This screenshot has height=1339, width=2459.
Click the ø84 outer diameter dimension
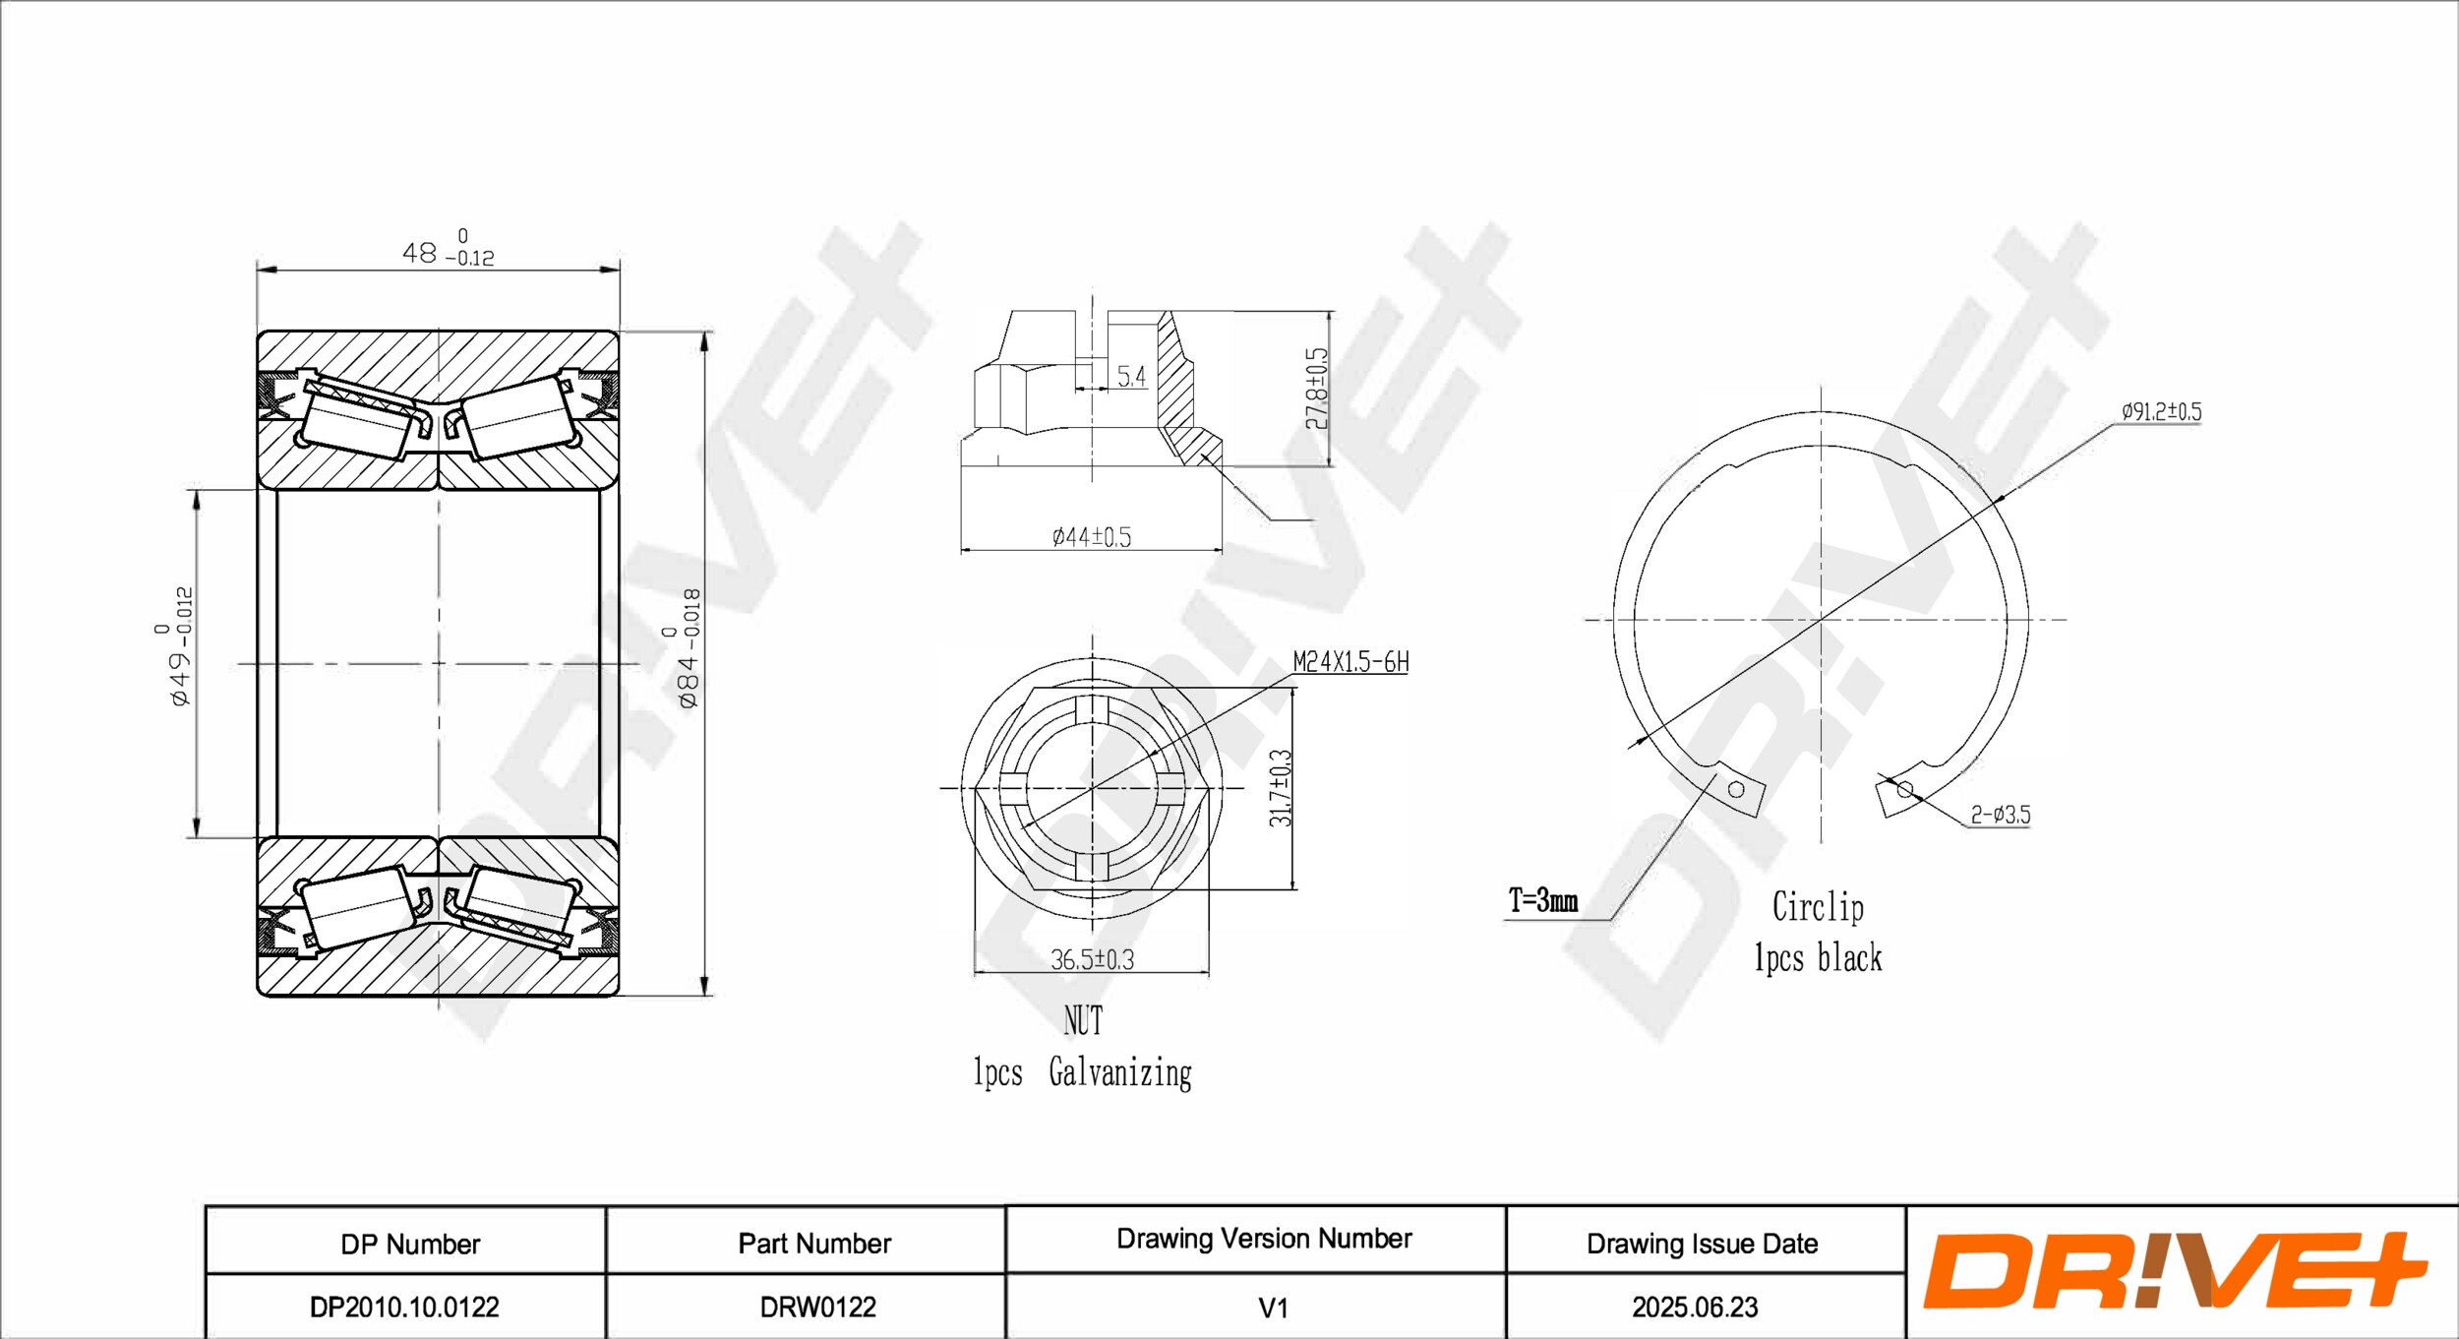pyautogui.click(x=689, y=648)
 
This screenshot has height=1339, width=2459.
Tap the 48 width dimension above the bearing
pyautogui.click(x=448, y=249)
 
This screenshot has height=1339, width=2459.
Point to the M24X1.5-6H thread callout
pyautogui.click(x=1349, y=662)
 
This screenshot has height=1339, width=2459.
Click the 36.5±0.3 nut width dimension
pyautogui.click(x=1092, y=959)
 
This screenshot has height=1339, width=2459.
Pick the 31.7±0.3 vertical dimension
pyautogui.click(x=1280, y=788)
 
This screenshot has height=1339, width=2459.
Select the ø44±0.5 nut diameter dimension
pyautogui.click(x=1091, y=537)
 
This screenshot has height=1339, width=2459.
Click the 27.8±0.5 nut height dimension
pyautogui.click(x=1316, y=389)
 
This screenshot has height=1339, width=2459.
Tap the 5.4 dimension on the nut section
pyautogui.click(x=1131, y=377)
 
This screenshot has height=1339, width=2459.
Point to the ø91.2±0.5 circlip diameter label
pyautogui.click(x=2161, y=411)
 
